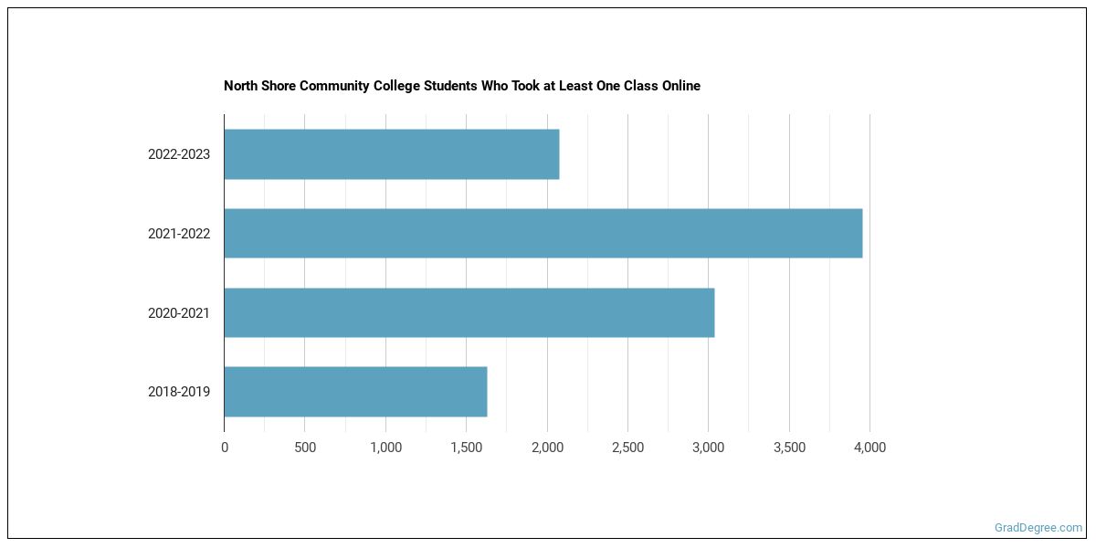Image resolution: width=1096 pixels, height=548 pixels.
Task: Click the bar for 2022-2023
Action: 391,154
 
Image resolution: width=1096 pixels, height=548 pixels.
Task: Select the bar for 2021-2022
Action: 543,234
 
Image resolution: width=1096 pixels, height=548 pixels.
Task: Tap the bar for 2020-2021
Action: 469,313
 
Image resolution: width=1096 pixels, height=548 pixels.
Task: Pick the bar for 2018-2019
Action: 355,392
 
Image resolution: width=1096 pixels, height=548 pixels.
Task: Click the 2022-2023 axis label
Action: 179,154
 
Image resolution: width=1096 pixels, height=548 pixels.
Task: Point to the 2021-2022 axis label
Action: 179,234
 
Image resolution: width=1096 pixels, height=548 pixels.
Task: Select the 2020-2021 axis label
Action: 179,313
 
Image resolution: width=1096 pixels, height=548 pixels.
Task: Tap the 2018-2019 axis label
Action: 179,392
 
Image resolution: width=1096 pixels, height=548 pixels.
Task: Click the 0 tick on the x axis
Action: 225,448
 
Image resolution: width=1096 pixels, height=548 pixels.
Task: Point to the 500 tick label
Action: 305,448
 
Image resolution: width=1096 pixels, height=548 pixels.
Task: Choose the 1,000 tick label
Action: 385,448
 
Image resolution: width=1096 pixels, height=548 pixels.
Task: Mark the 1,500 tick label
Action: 466,448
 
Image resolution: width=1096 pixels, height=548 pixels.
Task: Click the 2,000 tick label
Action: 547,448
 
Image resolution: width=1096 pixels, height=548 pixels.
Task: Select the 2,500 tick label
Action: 627,448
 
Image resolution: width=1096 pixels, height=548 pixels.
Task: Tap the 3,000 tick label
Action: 708,448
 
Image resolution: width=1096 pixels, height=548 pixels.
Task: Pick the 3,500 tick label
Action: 789,448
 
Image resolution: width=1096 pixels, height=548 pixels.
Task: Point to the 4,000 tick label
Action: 869,448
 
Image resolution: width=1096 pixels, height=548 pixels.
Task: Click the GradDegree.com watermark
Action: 1038,528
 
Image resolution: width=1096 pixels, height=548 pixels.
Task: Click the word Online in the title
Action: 680,86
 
